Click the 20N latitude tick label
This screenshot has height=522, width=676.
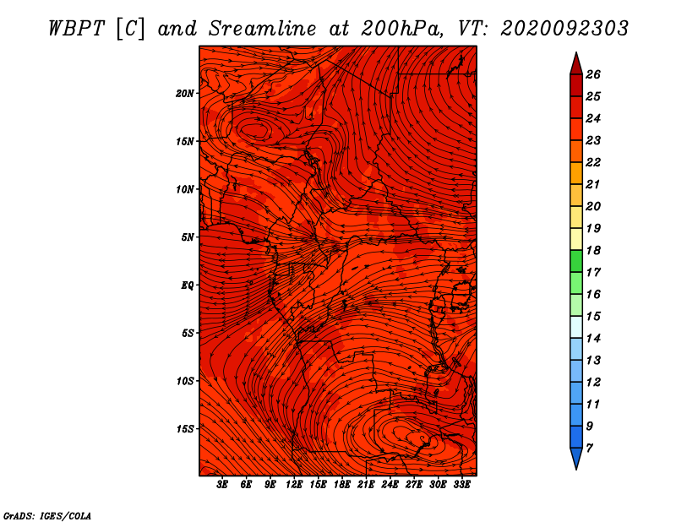pyautogui.click(x=185, y=93)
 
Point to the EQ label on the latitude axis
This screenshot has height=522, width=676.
pyautogui.click(x=188, y=285)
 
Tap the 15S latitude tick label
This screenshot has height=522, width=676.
pyautogui.click(x=185, y=428)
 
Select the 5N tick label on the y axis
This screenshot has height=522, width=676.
pyautogui.click(x=188, y=237)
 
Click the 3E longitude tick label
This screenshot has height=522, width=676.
pyautogui.click(x=222, y=485)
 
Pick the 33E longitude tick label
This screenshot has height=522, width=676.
pyautogui.click(x=461, y=485)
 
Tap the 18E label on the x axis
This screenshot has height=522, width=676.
pyautogui.click(x=341, y=485)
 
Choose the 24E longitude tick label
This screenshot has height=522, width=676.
pyautogui.click(x=390, y=485)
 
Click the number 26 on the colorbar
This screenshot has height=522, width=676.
pyautogui.click(x=593, y=74)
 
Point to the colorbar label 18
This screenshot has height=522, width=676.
pyautogui.click(x=593, y=250)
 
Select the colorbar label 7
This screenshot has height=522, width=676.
pyautogui.click(x=589, y=448)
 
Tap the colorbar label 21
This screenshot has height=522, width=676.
pyautogui.click(x=593, y=184)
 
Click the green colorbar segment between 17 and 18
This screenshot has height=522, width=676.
pyautogui.click(x=575, y=261)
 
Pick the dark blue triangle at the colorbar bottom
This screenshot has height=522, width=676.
pyautogui.click(x=575, y=458)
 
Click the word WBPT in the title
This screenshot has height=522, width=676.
pyautogui.click(x=74, y=28)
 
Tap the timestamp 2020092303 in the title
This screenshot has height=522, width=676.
pyautogui.click(x=564, y=28)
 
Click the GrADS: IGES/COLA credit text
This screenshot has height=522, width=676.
pyautogui.click(x=47, y=514)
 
